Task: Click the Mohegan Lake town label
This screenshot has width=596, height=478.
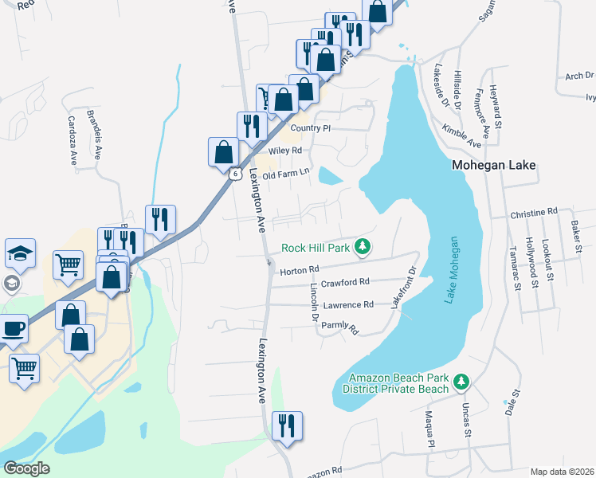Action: (492, 167)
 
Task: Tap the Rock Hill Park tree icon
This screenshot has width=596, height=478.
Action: (363, 247)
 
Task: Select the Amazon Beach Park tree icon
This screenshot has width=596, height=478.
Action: (460, 383)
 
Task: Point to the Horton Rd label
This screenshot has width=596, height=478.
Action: (299, 270)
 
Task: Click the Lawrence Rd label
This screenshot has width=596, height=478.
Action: (347, 305)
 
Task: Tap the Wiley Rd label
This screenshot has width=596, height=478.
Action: (285, 150)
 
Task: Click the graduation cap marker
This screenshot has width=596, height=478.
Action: (21, 253)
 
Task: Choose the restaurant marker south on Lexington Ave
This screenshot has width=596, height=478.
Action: (285, 425)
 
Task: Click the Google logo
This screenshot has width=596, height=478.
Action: (26, 468)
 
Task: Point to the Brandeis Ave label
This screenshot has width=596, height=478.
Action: (96, 128)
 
